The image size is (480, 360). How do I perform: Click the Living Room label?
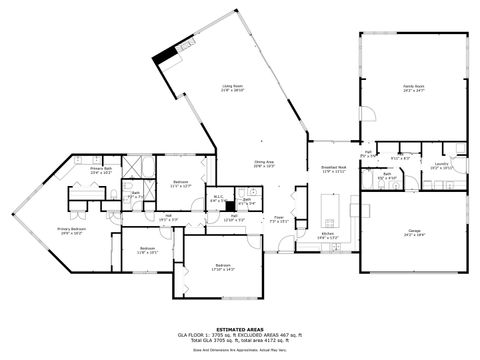[233, 88]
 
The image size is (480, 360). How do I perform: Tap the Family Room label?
[414, 88]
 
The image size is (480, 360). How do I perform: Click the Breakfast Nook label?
[334, 169]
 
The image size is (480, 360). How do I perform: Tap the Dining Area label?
[264, 163]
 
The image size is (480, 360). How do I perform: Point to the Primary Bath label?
[100, 171]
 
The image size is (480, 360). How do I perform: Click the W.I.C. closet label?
[218, 199]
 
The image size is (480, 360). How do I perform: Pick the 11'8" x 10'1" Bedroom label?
[147, 249]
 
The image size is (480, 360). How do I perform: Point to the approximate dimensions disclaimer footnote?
[239, 350]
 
